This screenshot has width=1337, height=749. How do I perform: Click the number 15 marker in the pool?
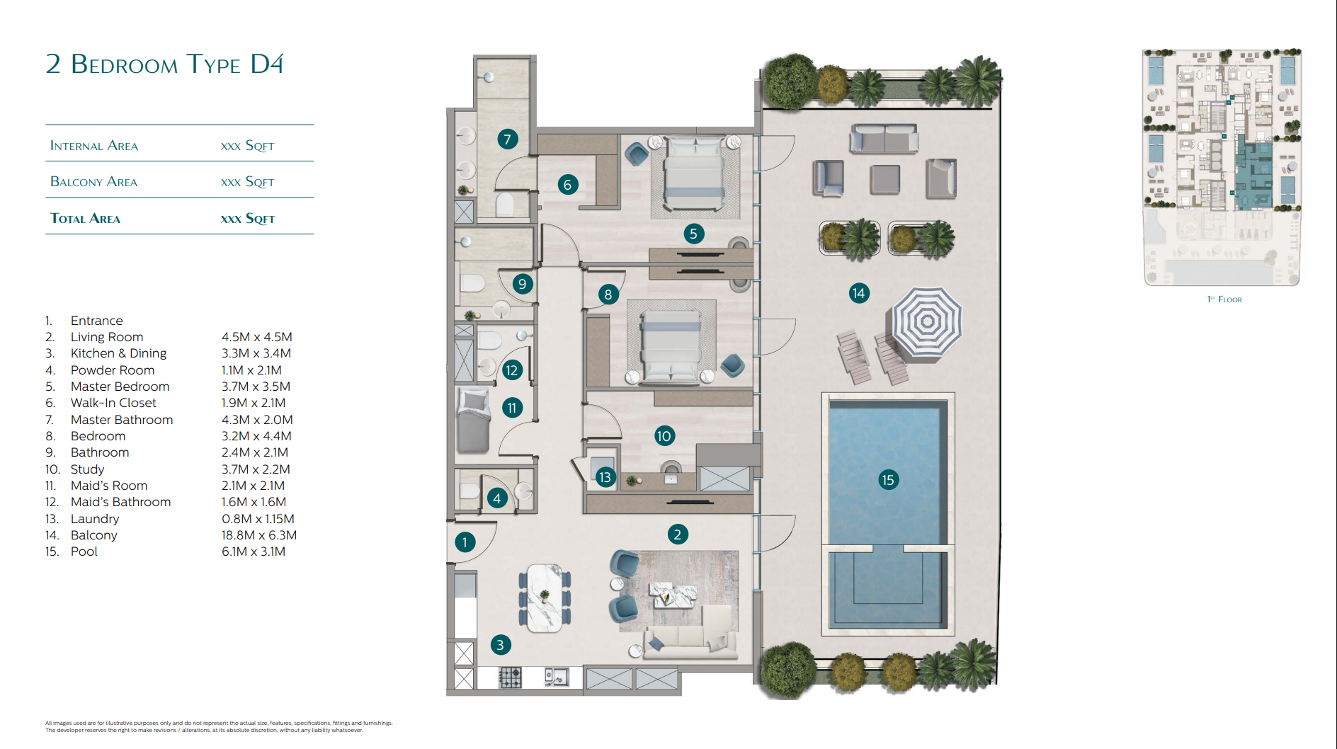coord(887,480)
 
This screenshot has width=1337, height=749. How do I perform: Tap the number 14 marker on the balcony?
coord(858,293)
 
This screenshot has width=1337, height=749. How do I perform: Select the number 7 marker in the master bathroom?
coord(507,139)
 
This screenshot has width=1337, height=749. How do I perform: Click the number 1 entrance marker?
coord(465,542)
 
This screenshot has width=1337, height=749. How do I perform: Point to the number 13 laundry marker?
coord(605,477)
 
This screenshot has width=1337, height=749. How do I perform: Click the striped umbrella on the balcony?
coord(926,322)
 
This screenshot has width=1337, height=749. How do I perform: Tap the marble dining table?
coord(544,598)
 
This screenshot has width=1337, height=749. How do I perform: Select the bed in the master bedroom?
coord(694,172)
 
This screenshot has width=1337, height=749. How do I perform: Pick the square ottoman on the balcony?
coord(884,180)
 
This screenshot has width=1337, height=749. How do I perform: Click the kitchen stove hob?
coord(510,677)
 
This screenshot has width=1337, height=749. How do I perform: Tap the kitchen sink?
coord(557,677)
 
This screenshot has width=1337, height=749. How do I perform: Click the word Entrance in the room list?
coord(96,321)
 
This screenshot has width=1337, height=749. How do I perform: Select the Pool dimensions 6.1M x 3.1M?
coord(254,551)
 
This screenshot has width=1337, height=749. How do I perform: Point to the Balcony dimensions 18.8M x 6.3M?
coord(259,535)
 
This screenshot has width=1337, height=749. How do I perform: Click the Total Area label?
coord(85,219)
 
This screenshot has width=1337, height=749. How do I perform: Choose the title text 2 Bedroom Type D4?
coord(164,64)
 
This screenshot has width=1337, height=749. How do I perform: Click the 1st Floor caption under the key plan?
coord(1224,299)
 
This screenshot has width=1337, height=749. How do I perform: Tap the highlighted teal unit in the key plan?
coord(1253,174)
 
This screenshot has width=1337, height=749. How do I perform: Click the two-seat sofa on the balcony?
coord(884,139)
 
